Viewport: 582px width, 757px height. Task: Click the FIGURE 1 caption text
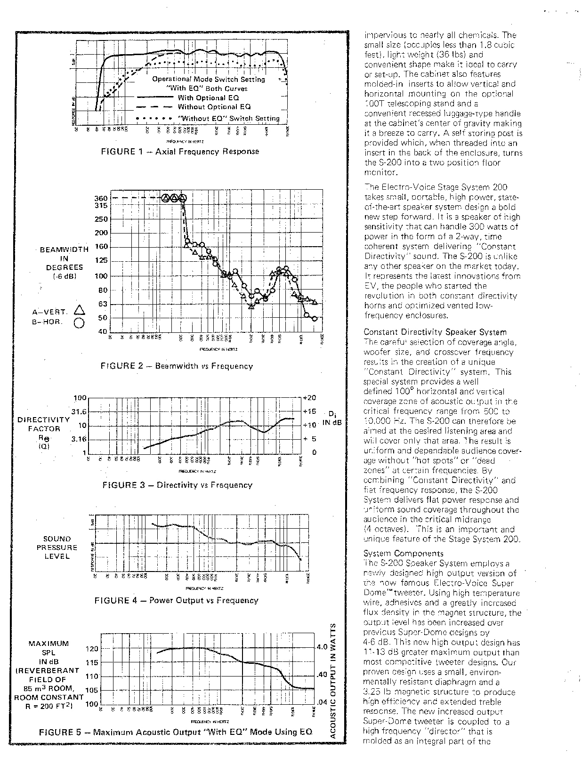[180, 152]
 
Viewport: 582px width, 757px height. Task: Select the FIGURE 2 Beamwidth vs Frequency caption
[177, 366]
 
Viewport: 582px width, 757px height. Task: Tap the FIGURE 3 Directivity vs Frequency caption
[177, 485]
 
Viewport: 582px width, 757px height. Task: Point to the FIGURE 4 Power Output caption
[176, 600]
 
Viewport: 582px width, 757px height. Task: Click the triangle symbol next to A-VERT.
[79, 310]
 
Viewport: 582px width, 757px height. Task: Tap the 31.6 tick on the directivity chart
[79, 411]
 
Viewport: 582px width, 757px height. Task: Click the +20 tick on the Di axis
[309, 398]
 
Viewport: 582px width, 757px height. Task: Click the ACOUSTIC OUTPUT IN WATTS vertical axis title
[333, 680]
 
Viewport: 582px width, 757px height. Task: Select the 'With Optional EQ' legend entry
[208, 98]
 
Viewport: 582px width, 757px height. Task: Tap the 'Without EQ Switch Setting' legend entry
[228, 119]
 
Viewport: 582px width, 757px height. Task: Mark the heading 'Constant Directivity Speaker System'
[435, 332]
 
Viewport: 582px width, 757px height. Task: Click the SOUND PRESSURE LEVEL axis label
[57, 548]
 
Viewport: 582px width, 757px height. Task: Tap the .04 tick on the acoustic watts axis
[322, 702]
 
